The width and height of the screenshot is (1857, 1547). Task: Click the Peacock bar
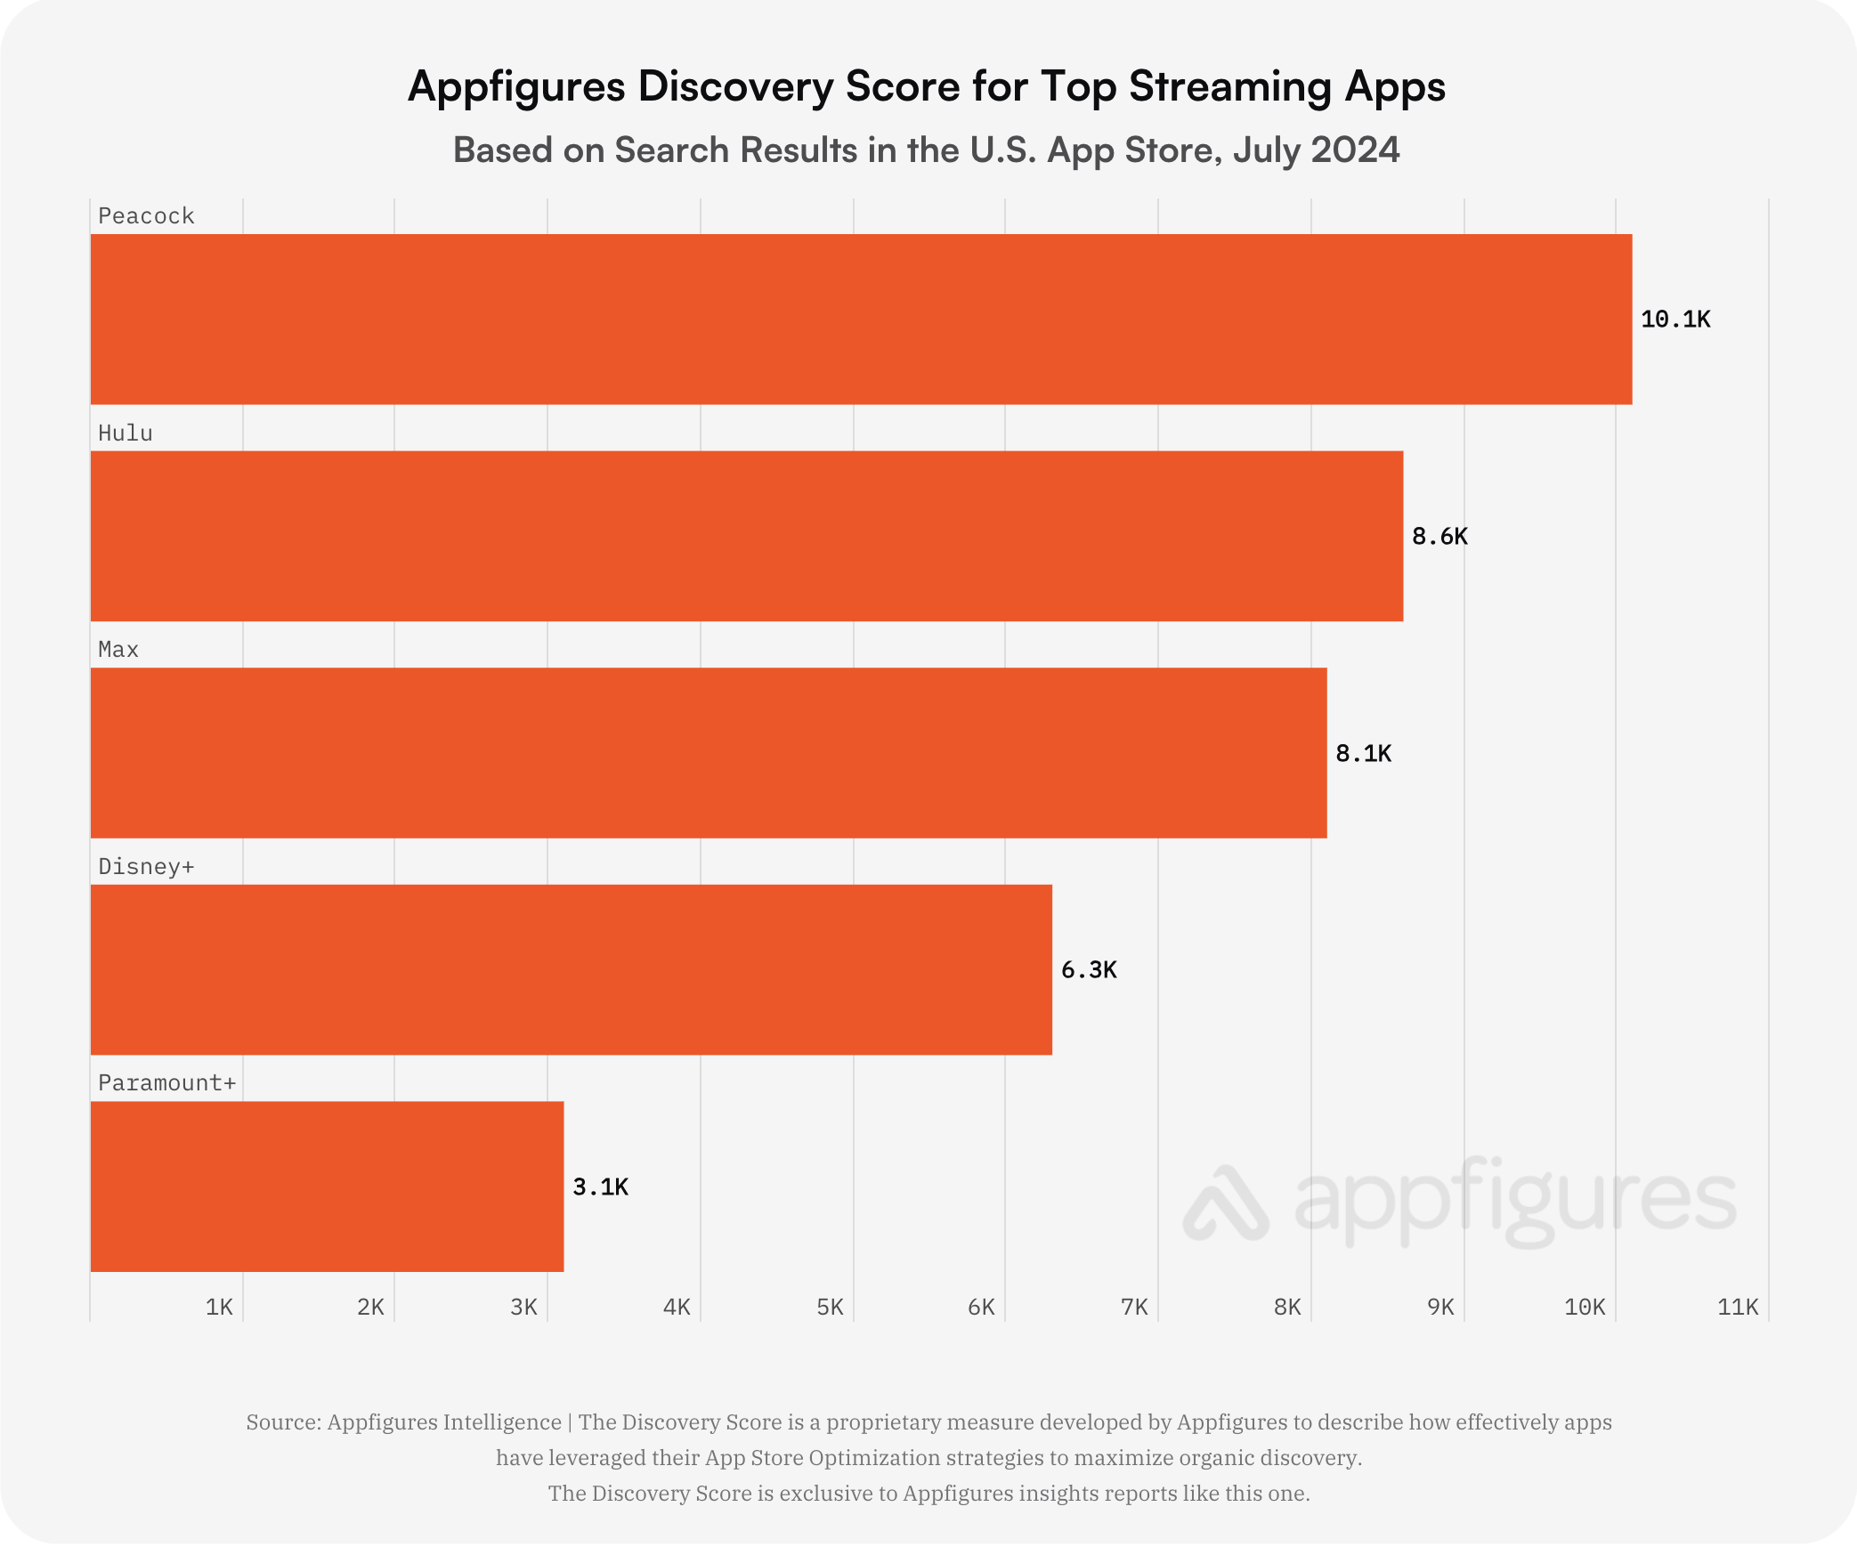coord(861,319)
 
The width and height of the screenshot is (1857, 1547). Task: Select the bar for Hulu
coord(746,536)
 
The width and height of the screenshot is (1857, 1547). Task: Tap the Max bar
coord(708,753)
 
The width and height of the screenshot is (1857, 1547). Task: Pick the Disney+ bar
coord(571,969)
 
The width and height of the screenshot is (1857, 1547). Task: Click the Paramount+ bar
coord(327,1187)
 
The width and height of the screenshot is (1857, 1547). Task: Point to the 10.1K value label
coord(1675,319)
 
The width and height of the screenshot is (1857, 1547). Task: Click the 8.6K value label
coord(1439,536)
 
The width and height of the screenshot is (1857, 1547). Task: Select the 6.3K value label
coord(1089,969)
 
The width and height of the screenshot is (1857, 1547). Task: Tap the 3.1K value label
coord(600,1187)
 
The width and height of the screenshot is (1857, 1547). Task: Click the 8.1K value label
coord(1363,753)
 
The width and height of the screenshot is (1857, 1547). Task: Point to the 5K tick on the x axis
coord(830,1307)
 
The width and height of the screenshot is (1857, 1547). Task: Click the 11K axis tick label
coord(1738,1307)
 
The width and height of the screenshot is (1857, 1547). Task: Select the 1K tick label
coord(219,1307)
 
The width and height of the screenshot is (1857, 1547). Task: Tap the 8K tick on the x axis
coord(1287,1307)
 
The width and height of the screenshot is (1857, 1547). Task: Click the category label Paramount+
coord(166,1082)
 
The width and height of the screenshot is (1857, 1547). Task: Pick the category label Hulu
coord(125,433)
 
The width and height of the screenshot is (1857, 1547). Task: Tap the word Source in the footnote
coord(281,1421)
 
